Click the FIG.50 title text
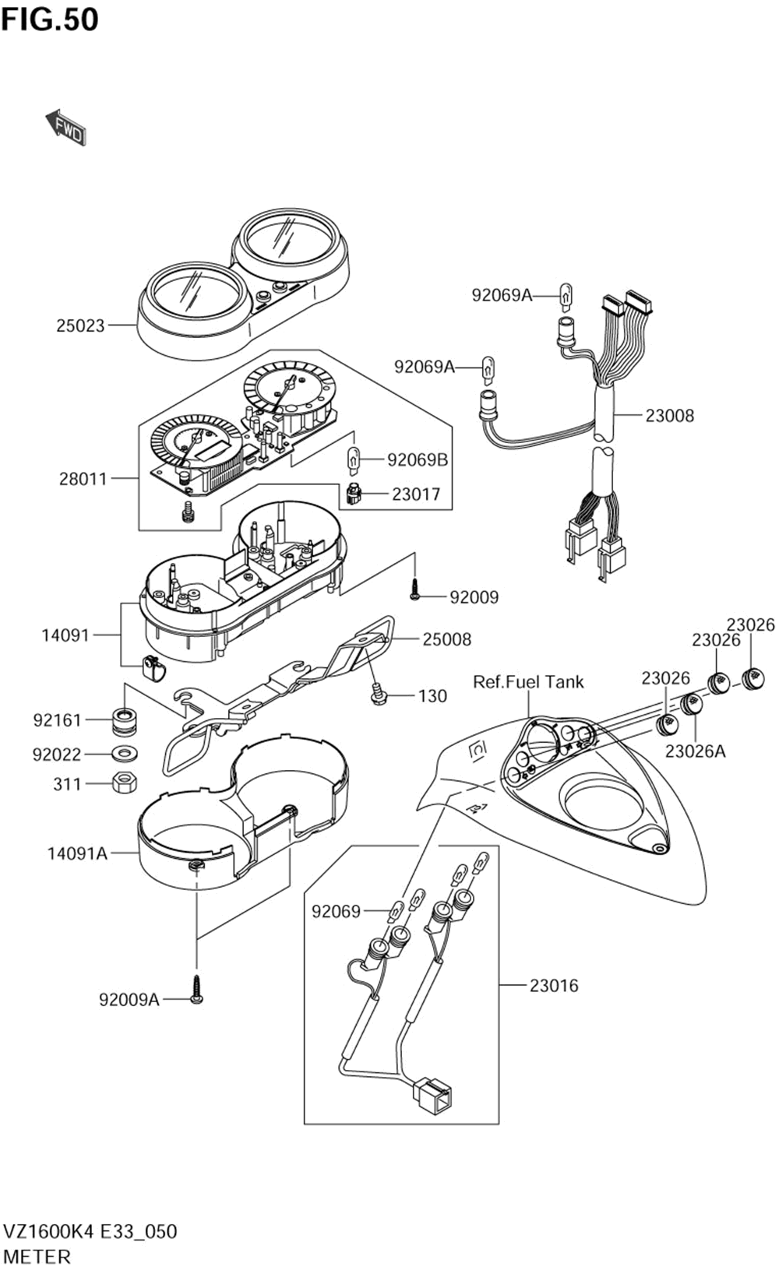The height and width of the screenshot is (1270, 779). [50, 19]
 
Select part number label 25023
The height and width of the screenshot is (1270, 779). [80, 325]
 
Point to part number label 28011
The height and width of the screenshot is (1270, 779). [83, 479]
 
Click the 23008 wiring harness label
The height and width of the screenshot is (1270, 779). [669, 416]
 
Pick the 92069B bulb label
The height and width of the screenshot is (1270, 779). [418, 460]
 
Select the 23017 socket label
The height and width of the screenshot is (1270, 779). [416, 494]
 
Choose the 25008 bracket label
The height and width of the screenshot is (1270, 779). [447, 639]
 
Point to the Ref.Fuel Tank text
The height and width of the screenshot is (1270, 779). [528, 682]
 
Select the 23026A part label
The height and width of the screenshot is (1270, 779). [695, 751]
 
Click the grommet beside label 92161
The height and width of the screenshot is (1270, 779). [122, 721]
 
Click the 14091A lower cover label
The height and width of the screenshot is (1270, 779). [77, 853]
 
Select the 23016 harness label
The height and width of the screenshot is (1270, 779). [554, 986]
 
